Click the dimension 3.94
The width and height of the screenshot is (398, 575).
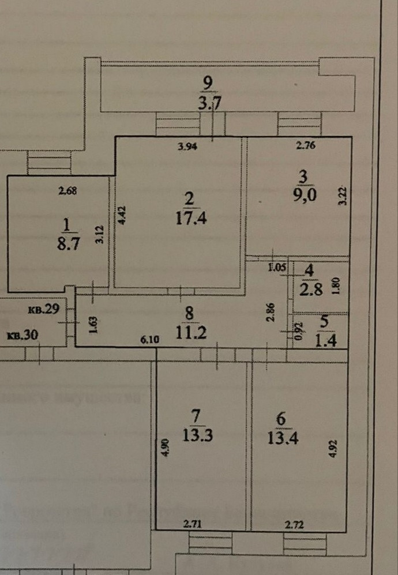coord(187,147)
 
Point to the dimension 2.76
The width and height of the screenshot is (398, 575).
coord(306,146)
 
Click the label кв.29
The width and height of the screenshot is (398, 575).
coord(44,309)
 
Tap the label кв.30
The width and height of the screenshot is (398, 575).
coord(21,335)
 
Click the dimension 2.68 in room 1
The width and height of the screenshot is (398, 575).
coord(68,189)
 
